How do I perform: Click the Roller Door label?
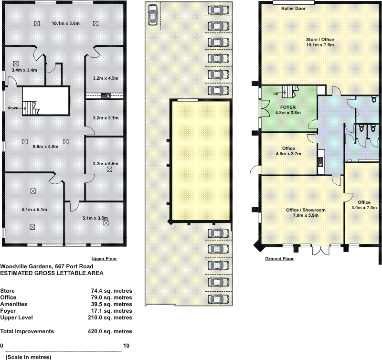coord(293,9)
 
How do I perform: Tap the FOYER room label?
coord(288,107)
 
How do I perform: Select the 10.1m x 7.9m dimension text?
coord(320,45)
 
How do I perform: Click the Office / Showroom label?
coord(306,210)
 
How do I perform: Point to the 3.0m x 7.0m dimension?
coord(364,208)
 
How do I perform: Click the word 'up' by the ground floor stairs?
coord(276,93)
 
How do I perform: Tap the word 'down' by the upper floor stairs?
coord(13,108)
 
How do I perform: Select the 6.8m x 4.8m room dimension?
coord(45,147)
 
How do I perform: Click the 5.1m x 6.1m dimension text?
coord(34,210)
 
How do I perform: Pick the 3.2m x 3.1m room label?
coord(106,118)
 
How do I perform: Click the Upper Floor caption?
coord(104,259)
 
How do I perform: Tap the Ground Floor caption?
coord(279,259)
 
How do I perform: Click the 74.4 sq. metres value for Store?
coord(111,291)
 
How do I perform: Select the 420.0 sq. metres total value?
coord(110,331)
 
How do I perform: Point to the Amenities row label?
coord(14,304)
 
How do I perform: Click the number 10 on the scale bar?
coord(127,346)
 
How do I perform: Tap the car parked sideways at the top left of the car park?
coord(153,15)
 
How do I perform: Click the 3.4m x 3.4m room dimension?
coord(24,70)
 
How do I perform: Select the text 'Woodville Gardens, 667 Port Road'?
coord(46,266)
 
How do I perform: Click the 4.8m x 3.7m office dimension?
coord(288,154)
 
